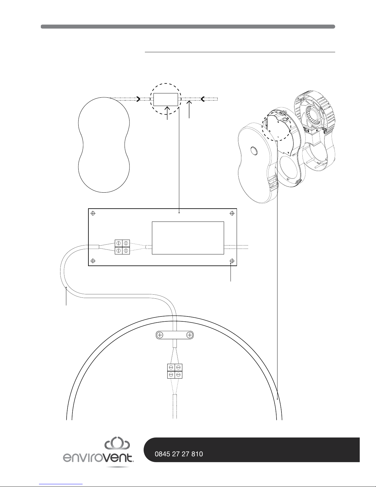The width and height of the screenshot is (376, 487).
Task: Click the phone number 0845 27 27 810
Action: (179, 454)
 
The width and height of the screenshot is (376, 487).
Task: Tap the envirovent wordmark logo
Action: (98, 458)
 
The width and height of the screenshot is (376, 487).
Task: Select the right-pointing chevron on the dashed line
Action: (138, 99)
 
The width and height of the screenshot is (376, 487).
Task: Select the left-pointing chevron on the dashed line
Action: (203, 99)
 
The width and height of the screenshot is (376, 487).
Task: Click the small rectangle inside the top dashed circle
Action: (166, 99)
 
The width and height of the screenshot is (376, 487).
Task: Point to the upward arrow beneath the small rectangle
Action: (167, 113)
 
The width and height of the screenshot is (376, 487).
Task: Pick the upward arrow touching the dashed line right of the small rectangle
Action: (189, 110)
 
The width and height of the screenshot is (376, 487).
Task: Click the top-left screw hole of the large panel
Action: (93, 213)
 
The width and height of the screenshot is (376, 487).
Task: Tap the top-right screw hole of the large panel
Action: (232, 213)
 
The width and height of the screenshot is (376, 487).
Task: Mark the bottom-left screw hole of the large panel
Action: (93, 261)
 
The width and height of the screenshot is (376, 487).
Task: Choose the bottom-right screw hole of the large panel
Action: (232, 261)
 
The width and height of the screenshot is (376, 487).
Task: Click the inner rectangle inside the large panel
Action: (188, 238)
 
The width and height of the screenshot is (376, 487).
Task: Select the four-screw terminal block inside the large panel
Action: (122, 247)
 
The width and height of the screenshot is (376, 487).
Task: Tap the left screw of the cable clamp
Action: (160, 335)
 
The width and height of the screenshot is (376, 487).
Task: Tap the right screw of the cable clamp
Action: (190, 335)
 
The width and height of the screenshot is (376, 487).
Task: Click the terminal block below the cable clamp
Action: (175, 371)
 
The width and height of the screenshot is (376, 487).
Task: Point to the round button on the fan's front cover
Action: (254, 151)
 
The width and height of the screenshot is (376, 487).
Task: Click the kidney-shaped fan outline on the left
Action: (104, 145)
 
